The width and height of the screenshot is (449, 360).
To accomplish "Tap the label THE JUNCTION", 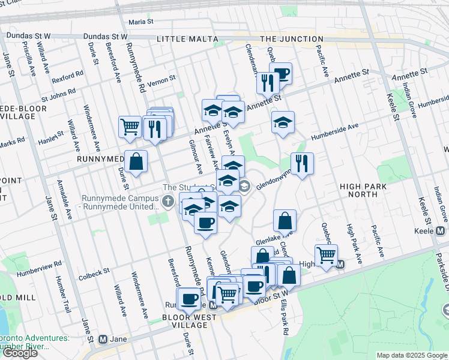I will (x=292, y=39).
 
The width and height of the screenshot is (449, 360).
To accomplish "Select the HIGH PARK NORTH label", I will (x=363, y=191).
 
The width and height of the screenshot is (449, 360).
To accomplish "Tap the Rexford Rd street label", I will (x=67, y=78).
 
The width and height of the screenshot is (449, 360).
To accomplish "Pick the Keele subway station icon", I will (x=441, y=231).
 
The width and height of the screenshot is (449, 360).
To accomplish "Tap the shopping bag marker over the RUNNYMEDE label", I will (x=137, y=161).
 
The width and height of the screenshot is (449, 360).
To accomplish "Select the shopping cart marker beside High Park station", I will (x=326, y=255).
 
